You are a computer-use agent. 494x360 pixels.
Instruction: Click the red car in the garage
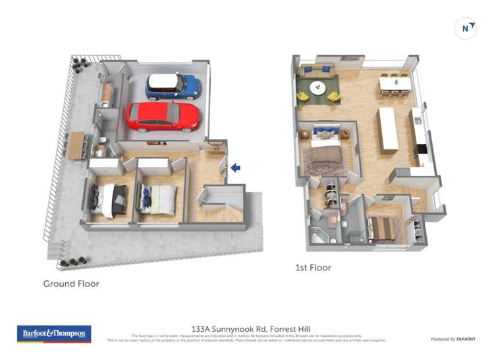[x=163, y=116]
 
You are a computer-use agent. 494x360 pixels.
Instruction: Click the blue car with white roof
[x=173, y=86]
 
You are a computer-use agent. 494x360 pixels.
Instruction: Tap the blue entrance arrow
[x=235, y=168]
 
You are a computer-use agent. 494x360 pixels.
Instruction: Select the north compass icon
[x=466, y=28]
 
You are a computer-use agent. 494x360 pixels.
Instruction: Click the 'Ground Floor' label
[x=71, y=284]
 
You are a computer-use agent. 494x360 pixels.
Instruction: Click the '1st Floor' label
[x=313, y=268]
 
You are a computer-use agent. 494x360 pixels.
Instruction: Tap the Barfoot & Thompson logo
[x=53, y=334]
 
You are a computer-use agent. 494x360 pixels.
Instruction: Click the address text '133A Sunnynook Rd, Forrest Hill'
[x=250, y=328]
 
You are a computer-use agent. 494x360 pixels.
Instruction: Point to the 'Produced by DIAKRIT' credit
[x=453, y=339]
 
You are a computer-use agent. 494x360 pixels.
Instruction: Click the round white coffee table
[x=318, y=88]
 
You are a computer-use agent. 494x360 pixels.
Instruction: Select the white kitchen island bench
[x=388, y=130]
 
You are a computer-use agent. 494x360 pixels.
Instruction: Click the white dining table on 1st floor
[x=395, y=84]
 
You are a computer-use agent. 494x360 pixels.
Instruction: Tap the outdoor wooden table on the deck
[x=76, y=145]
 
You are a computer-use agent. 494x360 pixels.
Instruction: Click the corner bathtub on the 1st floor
[x=319, y=235]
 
